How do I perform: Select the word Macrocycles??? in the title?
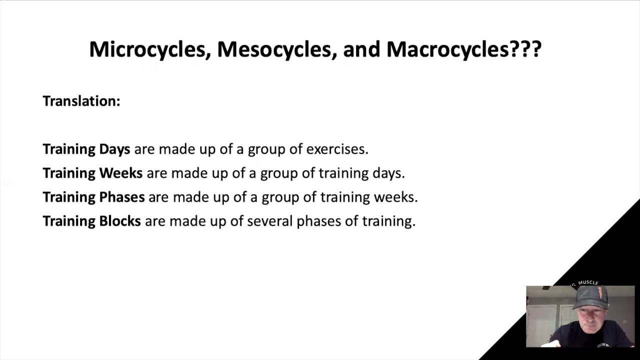click(x=463, y=49)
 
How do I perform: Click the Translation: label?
click(x=81, y=101)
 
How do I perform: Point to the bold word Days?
click(x=114, y=149)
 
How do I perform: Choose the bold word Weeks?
click(x=120, y=173)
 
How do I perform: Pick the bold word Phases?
click(x=122, y=197)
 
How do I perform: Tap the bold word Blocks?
click(x=120, y=221)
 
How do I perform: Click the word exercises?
click(x=337, y=149)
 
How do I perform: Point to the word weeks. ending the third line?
click(x=395, y=197)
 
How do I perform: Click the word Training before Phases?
click(x=69, y=197)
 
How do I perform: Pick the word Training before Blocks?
click(x=69, y=221)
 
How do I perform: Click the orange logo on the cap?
click(x=599, y=292)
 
